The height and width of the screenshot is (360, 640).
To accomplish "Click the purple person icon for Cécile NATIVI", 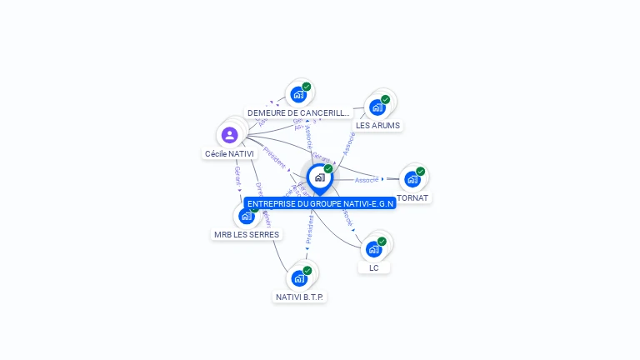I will coord(230,135).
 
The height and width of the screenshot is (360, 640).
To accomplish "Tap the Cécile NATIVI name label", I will coord(229,154).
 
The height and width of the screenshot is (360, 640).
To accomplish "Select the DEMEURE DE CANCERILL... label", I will coord(298,112).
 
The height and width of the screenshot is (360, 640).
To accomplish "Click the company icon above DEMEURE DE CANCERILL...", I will coord(299,94).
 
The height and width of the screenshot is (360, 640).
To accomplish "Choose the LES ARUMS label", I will coord(377,126).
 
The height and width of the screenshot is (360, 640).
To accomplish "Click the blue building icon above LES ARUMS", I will coord(377,107).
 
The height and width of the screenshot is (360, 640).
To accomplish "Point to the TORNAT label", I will coord(412,198).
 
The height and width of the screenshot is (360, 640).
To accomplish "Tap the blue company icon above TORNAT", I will coord(412,178).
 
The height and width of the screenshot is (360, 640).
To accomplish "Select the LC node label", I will coord(374,267).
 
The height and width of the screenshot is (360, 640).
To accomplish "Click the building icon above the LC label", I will coord(374,248).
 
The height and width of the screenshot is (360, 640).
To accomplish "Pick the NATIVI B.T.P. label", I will coord(300,297).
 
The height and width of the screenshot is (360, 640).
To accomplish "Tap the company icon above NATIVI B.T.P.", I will coord(300,277).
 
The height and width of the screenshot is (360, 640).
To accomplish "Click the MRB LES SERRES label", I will coord(246,234).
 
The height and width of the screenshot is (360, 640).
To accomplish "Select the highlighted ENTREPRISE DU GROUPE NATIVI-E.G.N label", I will coord(320,203).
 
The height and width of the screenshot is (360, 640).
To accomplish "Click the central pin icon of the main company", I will coord(319,177).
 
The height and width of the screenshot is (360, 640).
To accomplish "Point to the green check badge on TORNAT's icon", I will coord(421,171).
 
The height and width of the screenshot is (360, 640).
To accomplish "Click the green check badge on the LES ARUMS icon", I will coord(386,99).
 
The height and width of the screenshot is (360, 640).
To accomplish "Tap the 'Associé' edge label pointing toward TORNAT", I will coord(366,180).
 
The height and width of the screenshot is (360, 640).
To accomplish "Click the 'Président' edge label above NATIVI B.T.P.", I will coord(309,228).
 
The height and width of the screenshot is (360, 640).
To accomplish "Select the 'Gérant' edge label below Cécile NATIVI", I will coord(237,175).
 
